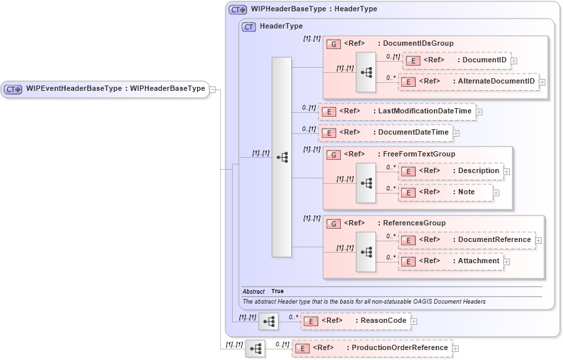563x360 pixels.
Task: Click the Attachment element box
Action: [x=450, y=261]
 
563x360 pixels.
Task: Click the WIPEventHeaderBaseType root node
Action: [x=105, y=89]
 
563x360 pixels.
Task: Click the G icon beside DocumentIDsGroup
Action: [x=334, y=44]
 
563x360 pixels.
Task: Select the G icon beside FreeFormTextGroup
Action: [x=334, y=154]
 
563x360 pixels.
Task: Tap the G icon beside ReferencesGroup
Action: [x=334, y=223]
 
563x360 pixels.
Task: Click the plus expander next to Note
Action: [x=496, y=193]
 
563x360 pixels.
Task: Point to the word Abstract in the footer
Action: [x=253, y=292]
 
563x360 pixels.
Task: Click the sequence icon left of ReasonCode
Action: [x=268, y=322]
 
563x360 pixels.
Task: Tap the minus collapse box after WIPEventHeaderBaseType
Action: [x=213, y=89]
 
